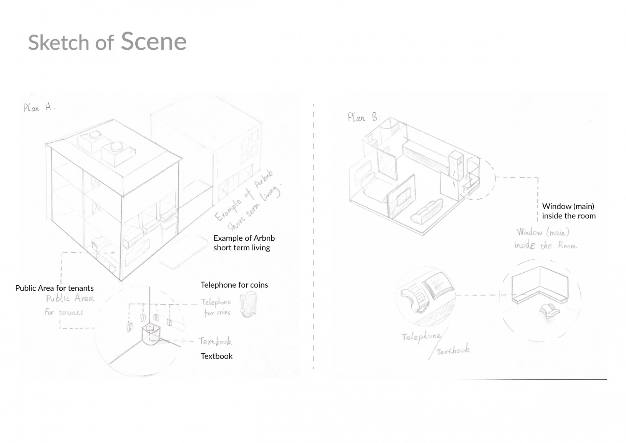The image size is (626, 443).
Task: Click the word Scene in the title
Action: point(154,41)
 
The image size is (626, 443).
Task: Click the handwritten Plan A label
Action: point(39,107)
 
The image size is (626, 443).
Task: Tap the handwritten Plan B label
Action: point(363,117)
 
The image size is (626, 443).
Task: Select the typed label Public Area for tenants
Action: point(54,288)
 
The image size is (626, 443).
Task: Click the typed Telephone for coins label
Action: point(234,285)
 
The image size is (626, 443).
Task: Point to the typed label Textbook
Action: point(216,356)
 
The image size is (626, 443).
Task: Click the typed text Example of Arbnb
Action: point(244,238)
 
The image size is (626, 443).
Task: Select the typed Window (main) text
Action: point(568,207)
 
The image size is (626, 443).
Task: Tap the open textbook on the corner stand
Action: point(151,329)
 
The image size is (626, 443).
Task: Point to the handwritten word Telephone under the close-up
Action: point(421,337)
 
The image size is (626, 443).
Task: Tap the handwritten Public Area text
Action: point(70,299)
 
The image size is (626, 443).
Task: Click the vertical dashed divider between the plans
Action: point(314,231)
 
